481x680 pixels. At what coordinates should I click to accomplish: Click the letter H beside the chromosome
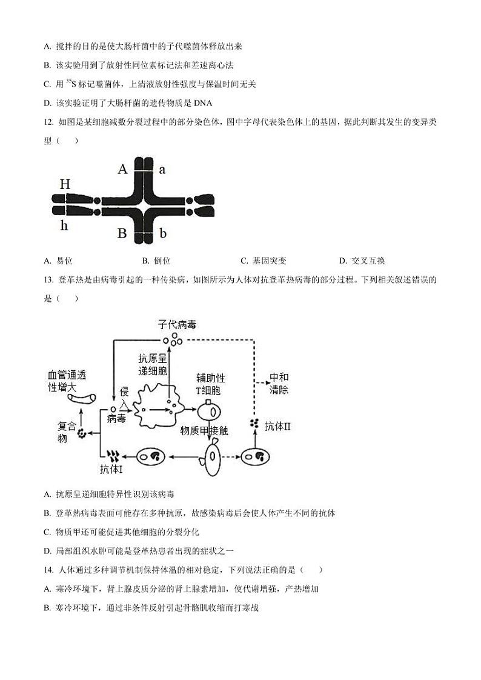(x=65, y=184)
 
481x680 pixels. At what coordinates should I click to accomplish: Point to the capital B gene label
(x=122, y=233)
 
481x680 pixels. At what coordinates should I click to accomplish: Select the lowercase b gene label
(x=162, y=233)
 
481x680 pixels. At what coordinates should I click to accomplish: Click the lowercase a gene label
(x=162, y=170)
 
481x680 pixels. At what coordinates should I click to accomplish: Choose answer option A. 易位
(x=59, y=261)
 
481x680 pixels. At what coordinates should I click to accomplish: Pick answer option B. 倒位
(x=156, y=261)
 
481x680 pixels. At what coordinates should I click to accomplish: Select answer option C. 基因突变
(x=263, y=261)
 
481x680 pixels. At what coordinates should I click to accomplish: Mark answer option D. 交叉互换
(x=362, y=261)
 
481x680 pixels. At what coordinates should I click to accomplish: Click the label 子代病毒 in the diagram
(x=177, y=325)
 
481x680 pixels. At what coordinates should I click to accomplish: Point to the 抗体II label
(x=277, y=426)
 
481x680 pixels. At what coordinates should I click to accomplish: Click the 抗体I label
(x=111, y=469)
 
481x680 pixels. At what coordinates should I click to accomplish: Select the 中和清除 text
(x=279, y=384)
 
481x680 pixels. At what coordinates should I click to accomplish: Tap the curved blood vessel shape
(x=81, y=399)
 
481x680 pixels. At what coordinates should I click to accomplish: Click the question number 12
(x=50, y=122)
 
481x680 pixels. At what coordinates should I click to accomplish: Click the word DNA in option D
(x=202, y=103)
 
